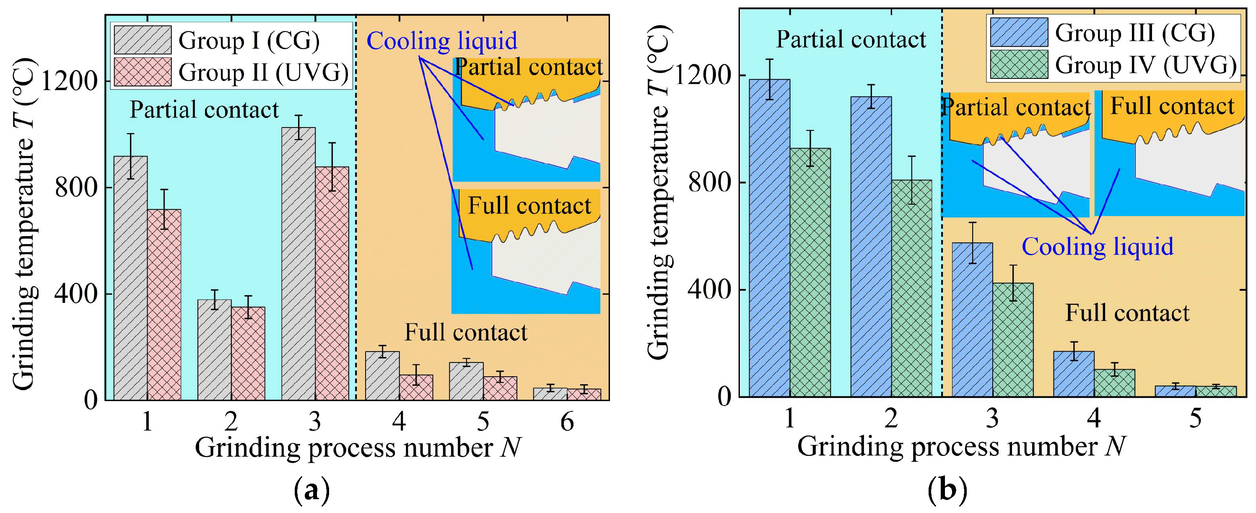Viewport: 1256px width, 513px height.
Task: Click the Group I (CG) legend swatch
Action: point(143,39)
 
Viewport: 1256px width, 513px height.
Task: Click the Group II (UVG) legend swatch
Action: point(143,72)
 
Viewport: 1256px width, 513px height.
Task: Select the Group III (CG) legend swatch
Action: point(1019,32)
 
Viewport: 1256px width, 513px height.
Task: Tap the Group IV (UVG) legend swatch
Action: point(1019,64)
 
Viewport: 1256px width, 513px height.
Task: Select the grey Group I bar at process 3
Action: point(298,263)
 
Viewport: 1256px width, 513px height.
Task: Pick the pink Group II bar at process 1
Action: point(164,305)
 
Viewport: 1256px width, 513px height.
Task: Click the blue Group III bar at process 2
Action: point(871,246)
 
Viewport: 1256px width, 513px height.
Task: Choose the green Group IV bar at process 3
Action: point(1013,340)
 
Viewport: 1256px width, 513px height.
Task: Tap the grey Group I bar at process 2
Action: point(215,350)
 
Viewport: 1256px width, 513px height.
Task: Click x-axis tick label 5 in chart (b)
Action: point(1195,418)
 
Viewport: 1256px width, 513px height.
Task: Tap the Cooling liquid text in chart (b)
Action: point(1098,247)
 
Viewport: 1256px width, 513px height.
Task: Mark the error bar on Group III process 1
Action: point(769,79)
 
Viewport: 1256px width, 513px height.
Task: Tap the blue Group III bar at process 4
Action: point(1074,374)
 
